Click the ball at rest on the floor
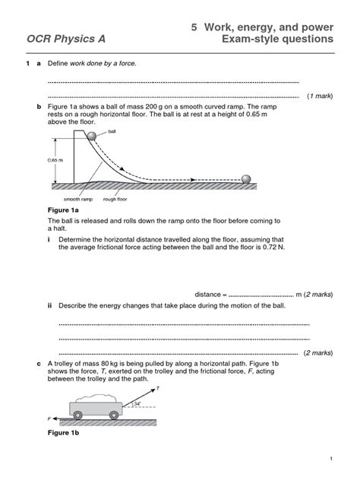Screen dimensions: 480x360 [246, 178]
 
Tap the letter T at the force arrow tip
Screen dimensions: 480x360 [157, 388]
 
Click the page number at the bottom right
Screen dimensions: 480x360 [332, 460]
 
